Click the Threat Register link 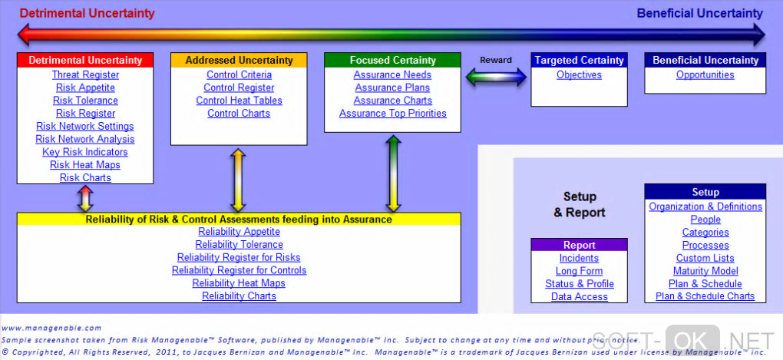[x=85, y=75]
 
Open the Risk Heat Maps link [x=85, y=165]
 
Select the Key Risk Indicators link [x=85, y=152]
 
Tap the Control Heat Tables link [x=239, y=101]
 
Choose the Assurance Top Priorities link [x=392, y=114]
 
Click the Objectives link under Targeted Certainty [x=579, y=75]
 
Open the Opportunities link [x=705, y=75]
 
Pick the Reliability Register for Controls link [x=239, y=270]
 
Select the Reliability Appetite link [x=239, y=232]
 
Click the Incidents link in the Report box [x=579, y=259]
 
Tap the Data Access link [x=579, y=297]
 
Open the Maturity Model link [x=705, y=271]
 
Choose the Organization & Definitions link [x=705, y=206]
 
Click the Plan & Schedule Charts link [x=705, y=296]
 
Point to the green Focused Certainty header [x=392, y=60]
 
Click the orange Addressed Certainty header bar [x=239, y=60]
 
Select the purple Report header [x=579, y=246]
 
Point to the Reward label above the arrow [x=496, y=60]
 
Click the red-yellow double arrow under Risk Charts [x=85, y=198]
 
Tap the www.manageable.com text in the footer [x=51, y=328]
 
